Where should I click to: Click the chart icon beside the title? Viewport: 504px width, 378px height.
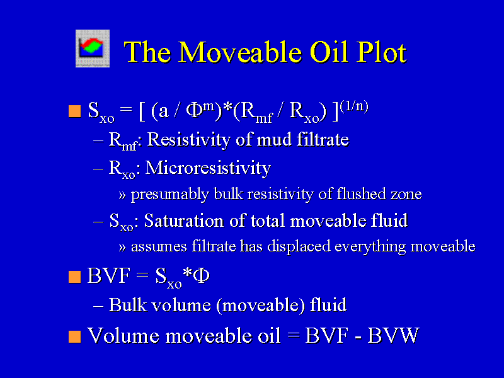pos(93,49)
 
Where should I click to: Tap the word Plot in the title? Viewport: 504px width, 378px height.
pos(381,52)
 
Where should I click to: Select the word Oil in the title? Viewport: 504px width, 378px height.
pos(329,52)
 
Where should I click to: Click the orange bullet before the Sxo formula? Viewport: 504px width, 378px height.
pos(74,112)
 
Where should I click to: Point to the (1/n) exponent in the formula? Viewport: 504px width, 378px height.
pos(354,105)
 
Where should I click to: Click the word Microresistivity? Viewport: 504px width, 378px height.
pos(208,168)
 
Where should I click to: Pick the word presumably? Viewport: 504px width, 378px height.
pos(170,195)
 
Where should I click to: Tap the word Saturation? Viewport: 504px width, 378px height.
pos(183,221)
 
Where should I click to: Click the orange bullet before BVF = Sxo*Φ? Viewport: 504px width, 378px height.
pos(74,277)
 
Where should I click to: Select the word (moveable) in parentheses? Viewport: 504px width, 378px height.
pos(261,306)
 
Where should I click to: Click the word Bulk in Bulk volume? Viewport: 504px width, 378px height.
pos(128,305)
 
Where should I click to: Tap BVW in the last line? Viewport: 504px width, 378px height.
pos(393,336)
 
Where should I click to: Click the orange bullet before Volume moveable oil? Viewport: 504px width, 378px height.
pos(74,336)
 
